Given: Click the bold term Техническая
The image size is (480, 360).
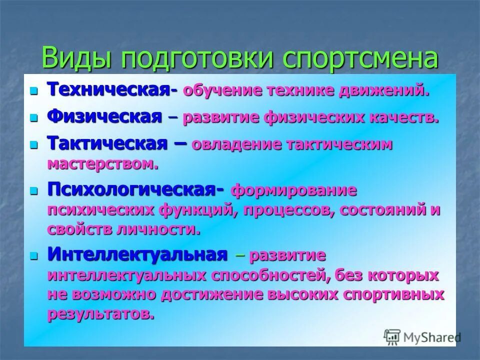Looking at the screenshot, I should tap(109, 90).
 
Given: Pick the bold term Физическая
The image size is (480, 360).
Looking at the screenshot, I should tap(104, 117).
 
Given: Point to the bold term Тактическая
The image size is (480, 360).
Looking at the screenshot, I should tap(107, 143).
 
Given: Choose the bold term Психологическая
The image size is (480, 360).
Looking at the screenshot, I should tap(132, 190).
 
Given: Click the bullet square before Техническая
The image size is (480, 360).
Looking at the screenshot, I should tap(34, 91).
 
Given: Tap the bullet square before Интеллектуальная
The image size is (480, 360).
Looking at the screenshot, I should tap(34, 255).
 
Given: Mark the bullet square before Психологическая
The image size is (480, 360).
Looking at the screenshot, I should tap(34, 191).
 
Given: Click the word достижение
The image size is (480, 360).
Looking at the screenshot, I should tap(210, 294).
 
